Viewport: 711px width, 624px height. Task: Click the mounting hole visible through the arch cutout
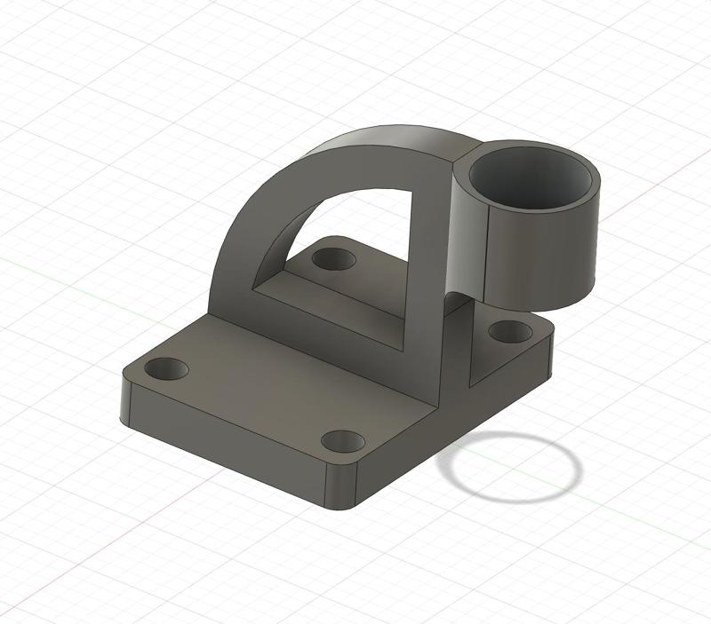334,260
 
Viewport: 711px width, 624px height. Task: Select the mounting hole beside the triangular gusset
510,332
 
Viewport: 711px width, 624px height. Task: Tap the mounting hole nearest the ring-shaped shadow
343,440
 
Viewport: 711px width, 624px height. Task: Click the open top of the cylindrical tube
531,178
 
